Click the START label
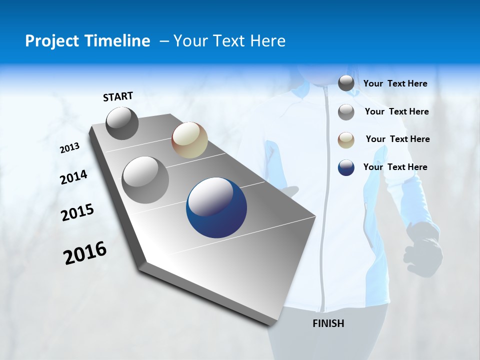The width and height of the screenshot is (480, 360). pyautogui.click(x=118, y=96)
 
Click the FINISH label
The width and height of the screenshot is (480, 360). pyautogui.click(x=328, y=323)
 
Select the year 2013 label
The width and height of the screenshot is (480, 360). pyautogui.click(x=70, y=148)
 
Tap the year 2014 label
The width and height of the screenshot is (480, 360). pyautogui.click(x=73, y=177)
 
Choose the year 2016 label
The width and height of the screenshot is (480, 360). pyautogui.click(x=85, y=253)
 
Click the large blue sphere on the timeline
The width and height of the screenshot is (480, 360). pyautogui.click(x=216, y=208)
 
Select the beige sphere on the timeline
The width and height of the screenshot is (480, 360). pyautogui.click(x=189, y=140)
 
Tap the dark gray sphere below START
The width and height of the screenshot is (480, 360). pyautogui.click(x=122, y=123)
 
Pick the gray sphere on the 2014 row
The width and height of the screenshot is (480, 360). pyautogui.click(x=145, y=180)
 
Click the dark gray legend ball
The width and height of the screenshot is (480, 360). pyautogui.click(x=346, y=83)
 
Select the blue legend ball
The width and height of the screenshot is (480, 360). pyautogui.click(x=346, y=167)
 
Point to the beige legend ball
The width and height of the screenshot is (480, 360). pyautogui.click(x=346, y=140)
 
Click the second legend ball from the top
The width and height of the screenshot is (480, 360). pyautogui.click(x=346, y=112)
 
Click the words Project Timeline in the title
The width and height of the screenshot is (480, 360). pyautogui.click(x=87, y=41)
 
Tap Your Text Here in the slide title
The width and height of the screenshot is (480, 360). pyautogui.click(x=229, y=41)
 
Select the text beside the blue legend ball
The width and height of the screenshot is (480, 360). pyautogui.click(x=395, y=167)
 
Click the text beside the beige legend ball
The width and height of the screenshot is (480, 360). pyautogui.click(x=397, y=139)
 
